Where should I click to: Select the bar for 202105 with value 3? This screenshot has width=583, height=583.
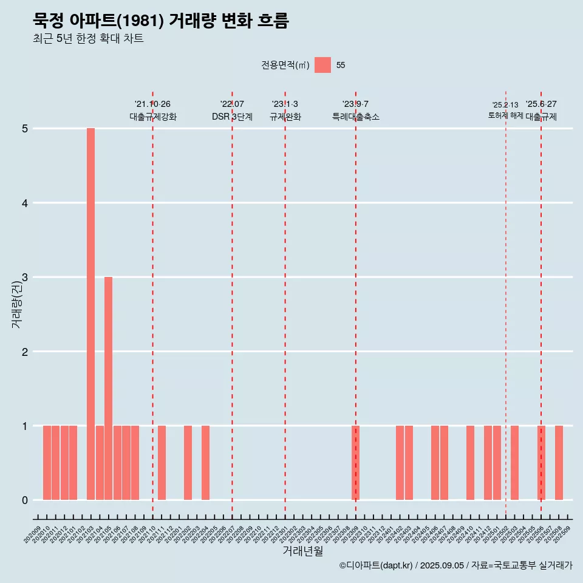coord(108,388)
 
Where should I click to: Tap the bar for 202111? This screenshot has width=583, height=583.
coord(162,463)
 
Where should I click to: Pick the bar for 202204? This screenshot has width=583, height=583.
coord(205,463)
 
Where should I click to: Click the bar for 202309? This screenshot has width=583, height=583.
coord(355,463)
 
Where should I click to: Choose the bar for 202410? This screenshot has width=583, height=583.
coord(470,463)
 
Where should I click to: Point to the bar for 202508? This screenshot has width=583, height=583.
coord(559,463)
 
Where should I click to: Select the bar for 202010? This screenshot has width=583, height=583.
coord(47,463)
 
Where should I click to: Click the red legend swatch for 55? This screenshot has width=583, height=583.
coord(322,65)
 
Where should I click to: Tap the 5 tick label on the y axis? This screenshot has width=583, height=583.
coord(25,129)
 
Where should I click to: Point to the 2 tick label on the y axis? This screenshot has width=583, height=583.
coord(25,352)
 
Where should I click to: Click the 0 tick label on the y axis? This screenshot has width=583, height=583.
coord(25,500)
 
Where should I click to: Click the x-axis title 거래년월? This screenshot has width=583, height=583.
coord(302,551)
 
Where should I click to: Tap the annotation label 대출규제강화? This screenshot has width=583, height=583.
coord(153,117)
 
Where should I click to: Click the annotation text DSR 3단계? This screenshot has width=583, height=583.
coord(232,117)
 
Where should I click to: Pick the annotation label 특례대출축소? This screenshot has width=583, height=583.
coord(355,117)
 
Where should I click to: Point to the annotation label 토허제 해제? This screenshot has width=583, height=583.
coord(505,115)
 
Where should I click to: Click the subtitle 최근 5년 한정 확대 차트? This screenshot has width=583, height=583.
coord(88,39)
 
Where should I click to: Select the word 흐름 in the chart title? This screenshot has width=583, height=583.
coord(273,21)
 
